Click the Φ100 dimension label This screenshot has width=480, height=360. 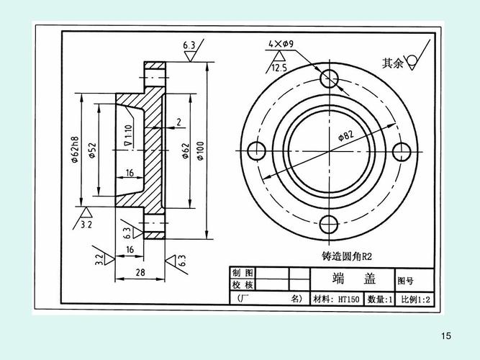[x=199, y=150]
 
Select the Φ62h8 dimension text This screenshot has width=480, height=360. [x=75, y=150]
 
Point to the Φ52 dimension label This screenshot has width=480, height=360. [x=92, y=150]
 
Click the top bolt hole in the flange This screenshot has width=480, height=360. [x=329, y=78]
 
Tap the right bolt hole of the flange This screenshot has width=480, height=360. [x=402, y=150]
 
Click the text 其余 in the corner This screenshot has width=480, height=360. [x=393, y=63]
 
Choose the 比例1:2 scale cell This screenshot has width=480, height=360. [x=415, y=299]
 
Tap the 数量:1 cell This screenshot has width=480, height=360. [x=379, y=299]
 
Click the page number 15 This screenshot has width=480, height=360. [x=445, y=336]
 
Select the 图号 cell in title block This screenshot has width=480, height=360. [x=406, y=280]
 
